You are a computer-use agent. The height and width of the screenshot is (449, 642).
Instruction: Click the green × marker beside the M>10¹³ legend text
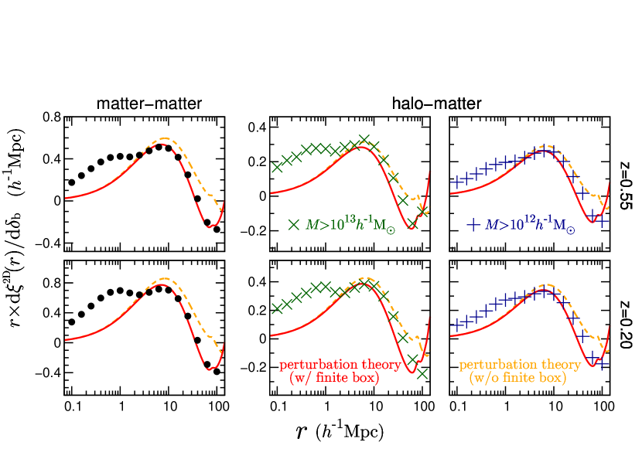click(x=293, y=225)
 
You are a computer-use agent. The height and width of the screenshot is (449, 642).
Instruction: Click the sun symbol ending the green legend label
click(x=391, y=230)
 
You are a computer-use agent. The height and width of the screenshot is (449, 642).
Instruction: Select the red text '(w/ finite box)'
click(x=334, y=379)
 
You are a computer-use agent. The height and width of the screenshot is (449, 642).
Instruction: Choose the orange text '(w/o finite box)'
click(x=517, y=379)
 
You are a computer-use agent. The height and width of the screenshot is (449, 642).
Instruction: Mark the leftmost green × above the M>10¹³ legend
click(x=276, y=167)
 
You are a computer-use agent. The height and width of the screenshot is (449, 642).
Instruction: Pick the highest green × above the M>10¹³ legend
click(x=364, y=139)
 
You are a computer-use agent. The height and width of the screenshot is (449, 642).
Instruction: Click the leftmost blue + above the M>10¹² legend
click(x=456, y=182)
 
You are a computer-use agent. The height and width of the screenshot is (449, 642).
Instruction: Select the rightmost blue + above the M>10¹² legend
click(x=603, y=221)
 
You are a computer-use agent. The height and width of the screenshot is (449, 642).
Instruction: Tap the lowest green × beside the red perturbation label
click(x=422, y=374)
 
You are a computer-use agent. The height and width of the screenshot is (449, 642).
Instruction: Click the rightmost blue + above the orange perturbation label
click(x=603, y=362)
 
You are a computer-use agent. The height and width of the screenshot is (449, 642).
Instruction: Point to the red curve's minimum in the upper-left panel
click(x=209, y=226)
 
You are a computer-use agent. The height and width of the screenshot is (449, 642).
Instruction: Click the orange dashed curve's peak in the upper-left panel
click(x=164, y=139)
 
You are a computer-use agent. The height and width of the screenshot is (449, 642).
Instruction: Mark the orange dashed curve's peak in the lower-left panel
click(x=164, y=278)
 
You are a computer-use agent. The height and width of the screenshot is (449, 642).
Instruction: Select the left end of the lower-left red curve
click(x=66, y=339)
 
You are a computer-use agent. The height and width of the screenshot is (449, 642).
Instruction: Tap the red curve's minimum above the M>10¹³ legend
click(x=411, y=229)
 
